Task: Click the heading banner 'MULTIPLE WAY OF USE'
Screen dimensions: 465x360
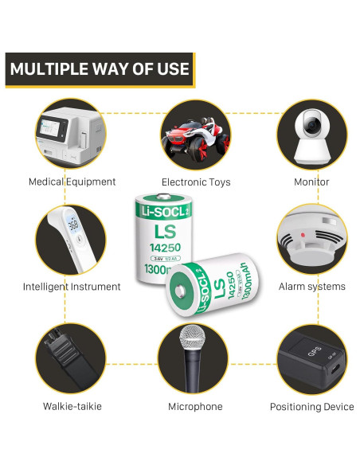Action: pos(100,68)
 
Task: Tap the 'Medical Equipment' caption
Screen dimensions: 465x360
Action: pos(72,182)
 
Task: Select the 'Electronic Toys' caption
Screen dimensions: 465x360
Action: pos(196,182)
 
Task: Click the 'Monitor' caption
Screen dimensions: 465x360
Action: pos(311,182)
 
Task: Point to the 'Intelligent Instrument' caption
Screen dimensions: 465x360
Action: pos(72,287)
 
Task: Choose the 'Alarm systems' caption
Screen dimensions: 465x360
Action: pos(311,287)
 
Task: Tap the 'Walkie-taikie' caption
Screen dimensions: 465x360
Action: pos(72,407)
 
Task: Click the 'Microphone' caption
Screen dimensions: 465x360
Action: pos(195,407)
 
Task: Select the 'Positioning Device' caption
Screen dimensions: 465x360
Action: pos(311,407)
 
